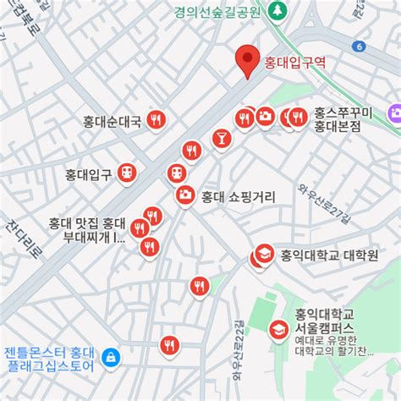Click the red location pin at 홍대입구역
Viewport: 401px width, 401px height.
click(247, 59)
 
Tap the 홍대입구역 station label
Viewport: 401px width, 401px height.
click(294, 63)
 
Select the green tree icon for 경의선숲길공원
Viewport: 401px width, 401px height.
click(278, 11)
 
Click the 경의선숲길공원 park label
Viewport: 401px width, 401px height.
click(217, 12)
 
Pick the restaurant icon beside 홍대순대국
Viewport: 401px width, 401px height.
click(155, 120)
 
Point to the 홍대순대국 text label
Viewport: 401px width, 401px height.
click(113, 120)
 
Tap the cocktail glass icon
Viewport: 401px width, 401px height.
click(220, 136)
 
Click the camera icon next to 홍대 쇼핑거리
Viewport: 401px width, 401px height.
click(184, 195)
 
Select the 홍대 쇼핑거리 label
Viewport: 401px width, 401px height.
click(238, 196)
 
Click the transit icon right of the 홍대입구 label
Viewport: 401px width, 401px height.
click(126, 173)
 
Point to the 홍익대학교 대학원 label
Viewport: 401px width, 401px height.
click(329, 255)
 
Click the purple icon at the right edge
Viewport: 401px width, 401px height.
click(393, 113)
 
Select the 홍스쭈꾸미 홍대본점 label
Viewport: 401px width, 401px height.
click(337, 119)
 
